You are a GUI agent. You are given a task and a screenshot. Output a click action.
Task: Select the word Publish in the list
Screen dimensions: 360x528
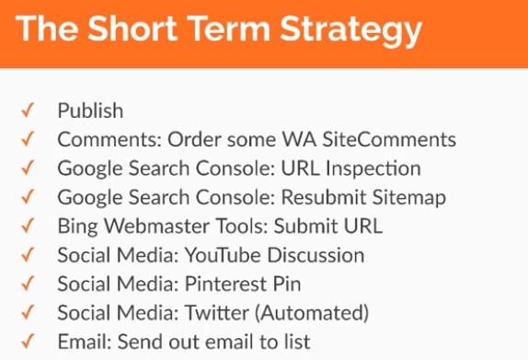pos(90,111)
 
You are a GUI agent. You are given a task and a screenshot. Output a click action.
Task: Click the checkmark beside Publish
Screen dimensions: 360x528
pos(28,111)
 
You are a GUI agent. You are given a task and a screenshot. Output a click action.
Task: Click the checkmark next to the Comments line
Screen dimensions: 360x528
pos(28,140)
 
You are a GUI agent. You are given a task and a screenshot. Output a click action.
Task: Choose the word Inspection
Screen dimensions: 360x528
pos(379,168)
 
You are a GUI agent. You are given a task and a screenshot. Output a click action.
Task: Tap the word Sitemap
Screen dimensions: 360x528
pos(410,197)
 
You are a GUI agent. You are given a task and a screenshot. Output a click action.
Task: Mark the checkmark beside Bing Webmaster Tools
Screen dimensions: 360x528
pos(28,226)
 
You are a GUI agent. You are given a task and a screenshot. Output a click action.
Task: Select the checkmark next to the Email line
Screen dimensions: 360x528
pos(28,341)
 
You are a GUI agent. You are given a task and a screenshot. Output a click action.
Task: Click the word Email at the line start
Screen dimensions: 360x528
pos(82,341)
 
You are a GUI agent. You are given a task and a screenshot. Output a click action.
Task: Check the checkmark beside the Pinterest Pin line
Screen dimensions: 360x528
pos(28,284)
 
